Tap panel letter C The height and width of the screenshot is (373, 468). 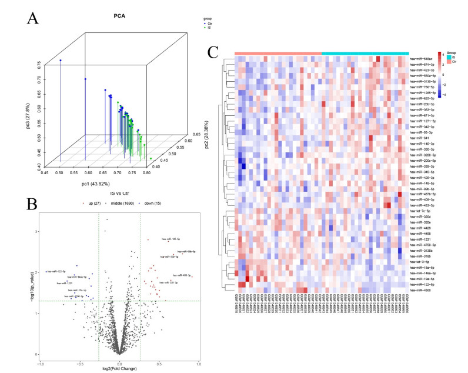pyautogui.click(x=215, y=54)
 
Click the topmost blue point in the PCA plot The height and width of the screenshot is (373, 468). pyautogui.click(x=60, y=60)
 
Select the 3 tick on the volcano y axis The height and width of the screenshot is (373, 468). pyautogui.click(x=36, y=231)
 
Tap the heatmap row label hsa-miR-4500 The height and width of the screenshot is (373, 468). pyautogui.click(x=419, y=290)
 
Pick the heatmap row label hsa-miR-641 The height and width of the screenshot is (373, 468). pyautogui.click(x=416, y=138)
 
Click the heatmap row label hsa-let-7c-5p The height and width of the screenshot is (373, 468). pyautogui.click(x=420, y=211)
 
